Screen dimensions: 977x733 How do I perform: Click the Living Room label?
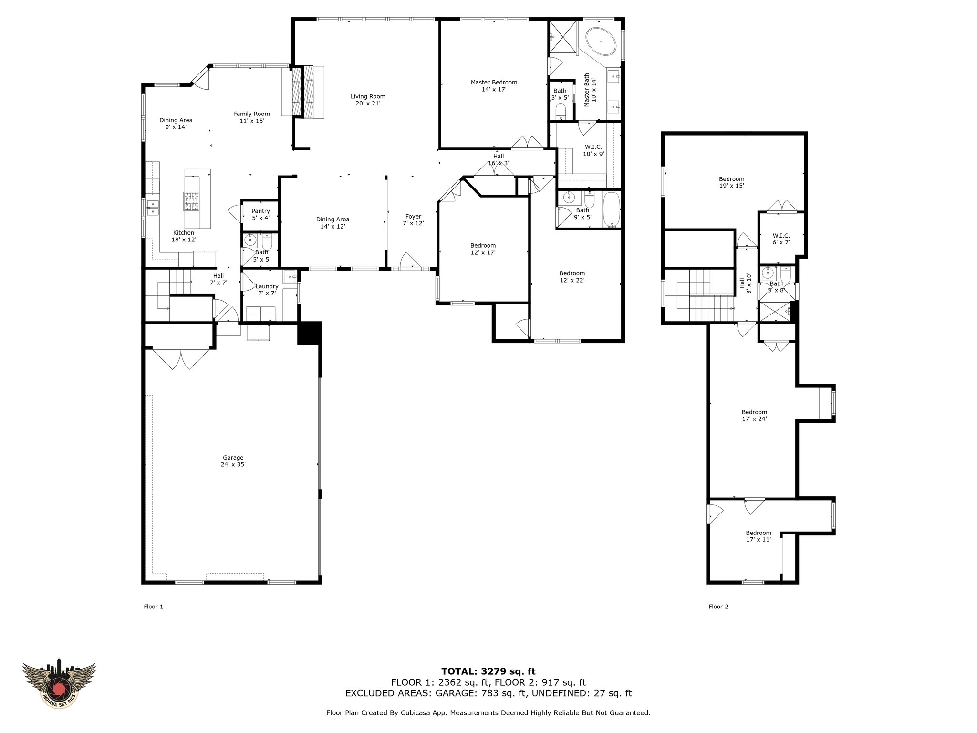(x=368, y=100)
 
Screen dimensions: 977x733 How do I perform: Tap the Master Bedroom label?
(x=494, y=85)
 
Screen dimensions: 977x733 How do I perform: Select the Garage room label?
(x=233, y=461)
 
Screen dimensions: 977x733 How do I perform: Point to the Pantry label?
(x=260, y=214)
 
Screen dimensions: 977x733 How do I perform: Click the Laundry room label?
(x=267, y=289)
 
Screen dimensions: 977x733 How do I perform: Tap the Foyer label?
(x=413, y=220)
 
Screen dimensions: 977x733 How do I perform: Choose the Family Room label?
(x=252, y=117)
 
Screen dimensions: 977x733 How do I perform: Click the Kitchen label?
(x=184, y=236)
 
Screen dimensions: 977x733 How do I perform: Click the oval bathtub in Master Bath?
(x=601, y=42)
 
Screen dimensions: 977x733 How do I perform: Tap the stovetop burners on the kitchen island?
(x=192, y=201)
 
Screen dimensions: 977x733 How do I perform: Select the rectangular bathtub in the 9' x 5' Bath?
(x=611, y=210)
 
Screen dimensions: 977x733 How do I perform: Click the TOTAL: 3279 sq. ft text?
(x=488, y=671)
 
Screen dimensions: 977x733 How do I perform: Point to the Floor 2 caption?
(x=718, y=607)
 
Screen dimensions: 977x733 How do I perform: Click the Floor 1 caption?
(x=154, y=607)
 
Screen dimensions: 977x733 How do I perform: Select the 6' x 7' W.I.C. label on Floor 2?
(x=781, y=239)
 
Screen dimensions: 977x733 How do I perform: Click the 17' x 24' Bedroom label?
(x=754, y=415)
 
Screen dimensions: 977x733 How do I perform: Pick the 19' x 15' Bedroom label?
(x=732, y=182)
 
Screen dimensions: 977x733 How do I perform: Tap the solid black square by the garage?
(x=310, y=333)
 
